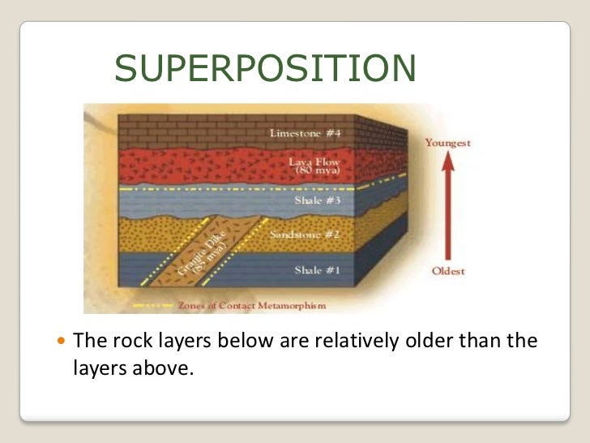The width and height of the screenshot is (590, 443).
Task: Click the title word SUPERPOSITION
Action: pyautogui.click(x=265, y=70)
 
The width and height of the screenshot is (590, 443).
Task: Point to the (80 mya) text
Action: pyautogui.click(x=318, y=173)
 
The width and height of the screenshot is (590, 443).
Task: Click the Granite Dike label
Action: pyautogui.click(x=193, y=258)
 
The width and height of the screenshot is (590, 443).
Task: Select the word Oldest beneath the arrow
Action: pyautogui.click(x=447, y=271)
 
